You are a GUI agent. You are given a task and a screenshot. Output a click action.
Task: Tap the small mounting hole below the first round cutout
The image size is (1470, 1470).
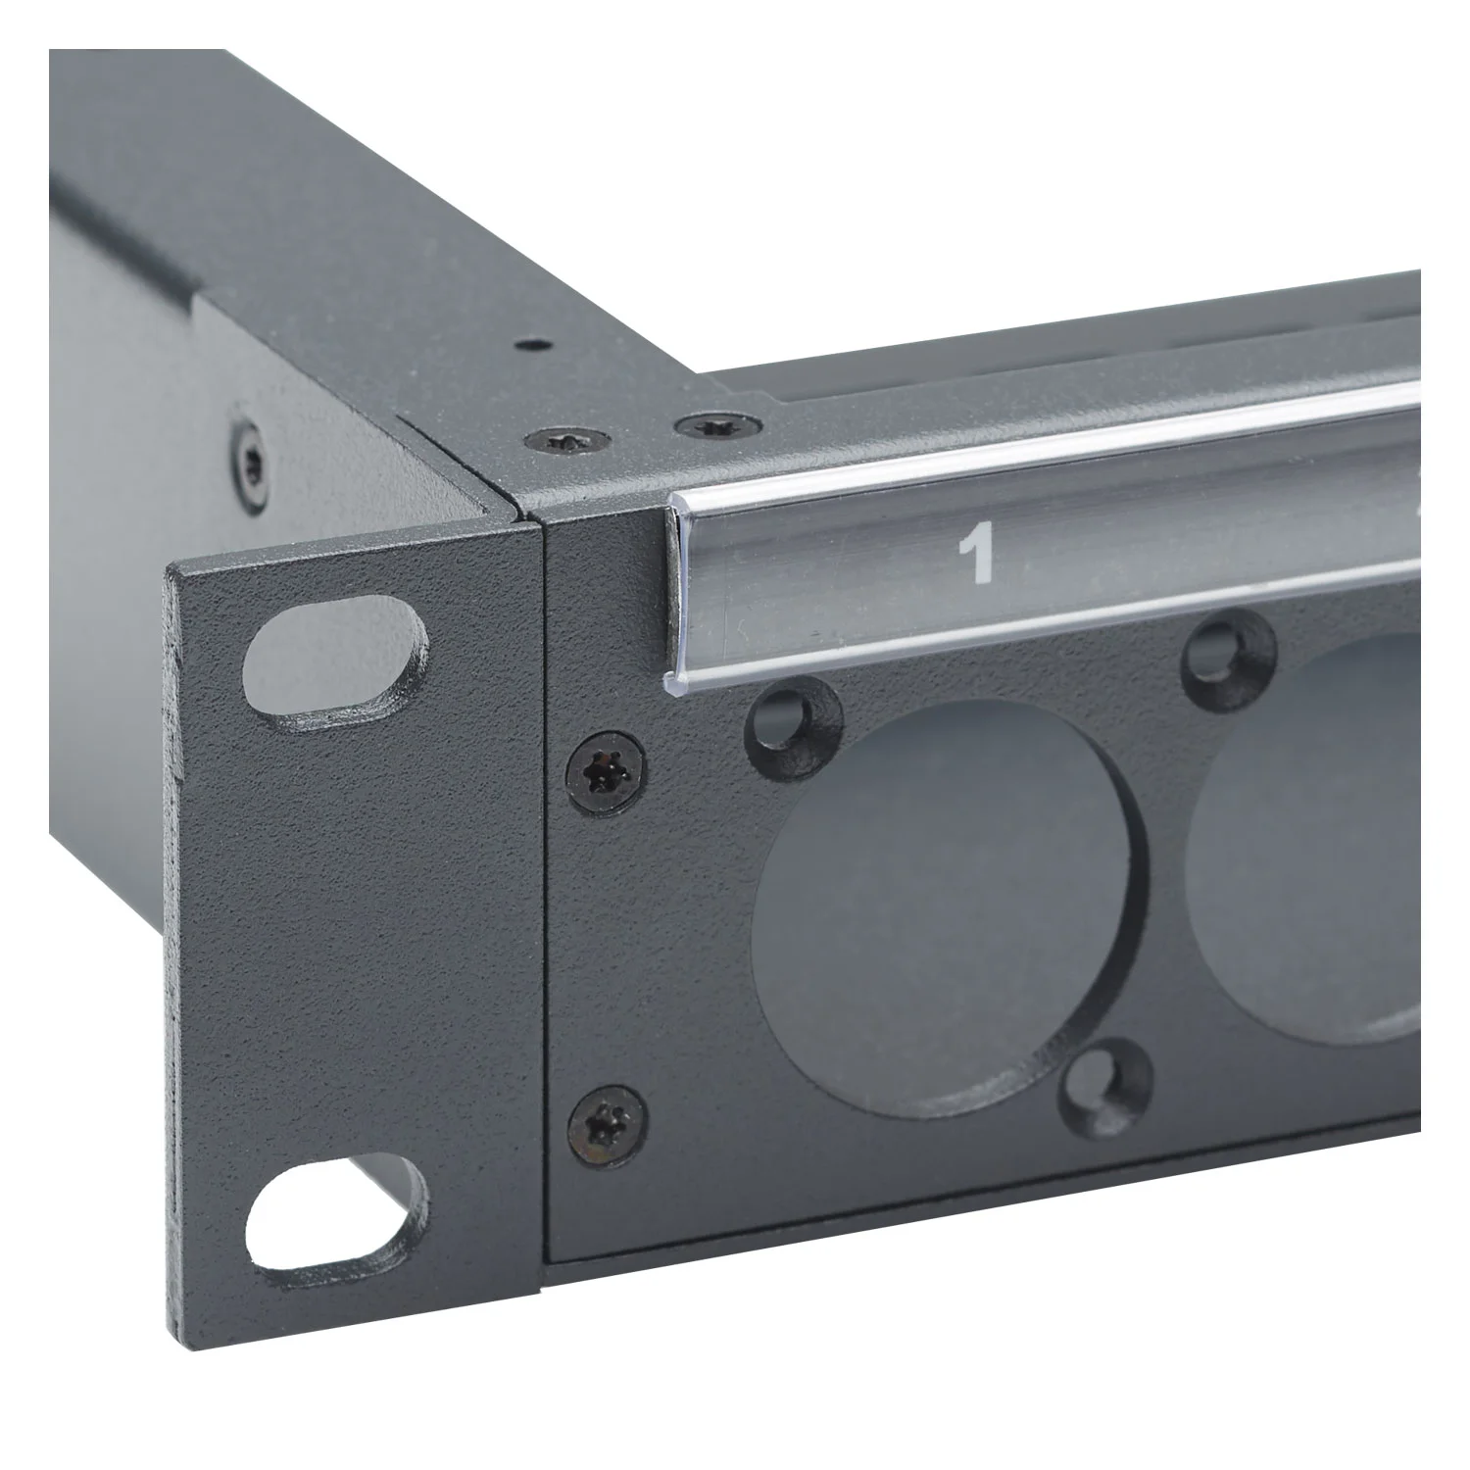coord(1108,1082)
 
